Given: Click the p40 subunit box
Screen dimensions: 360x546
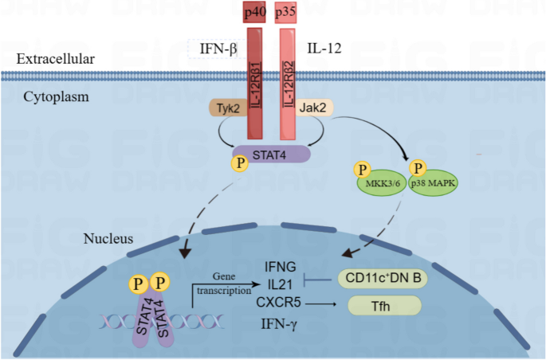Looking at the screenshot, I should pyautogui.click(x=254, y=13).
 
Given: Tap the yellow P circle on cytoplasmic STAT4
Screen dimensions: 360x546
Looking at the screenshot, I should pyautogui.click(x=237, y=164).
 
